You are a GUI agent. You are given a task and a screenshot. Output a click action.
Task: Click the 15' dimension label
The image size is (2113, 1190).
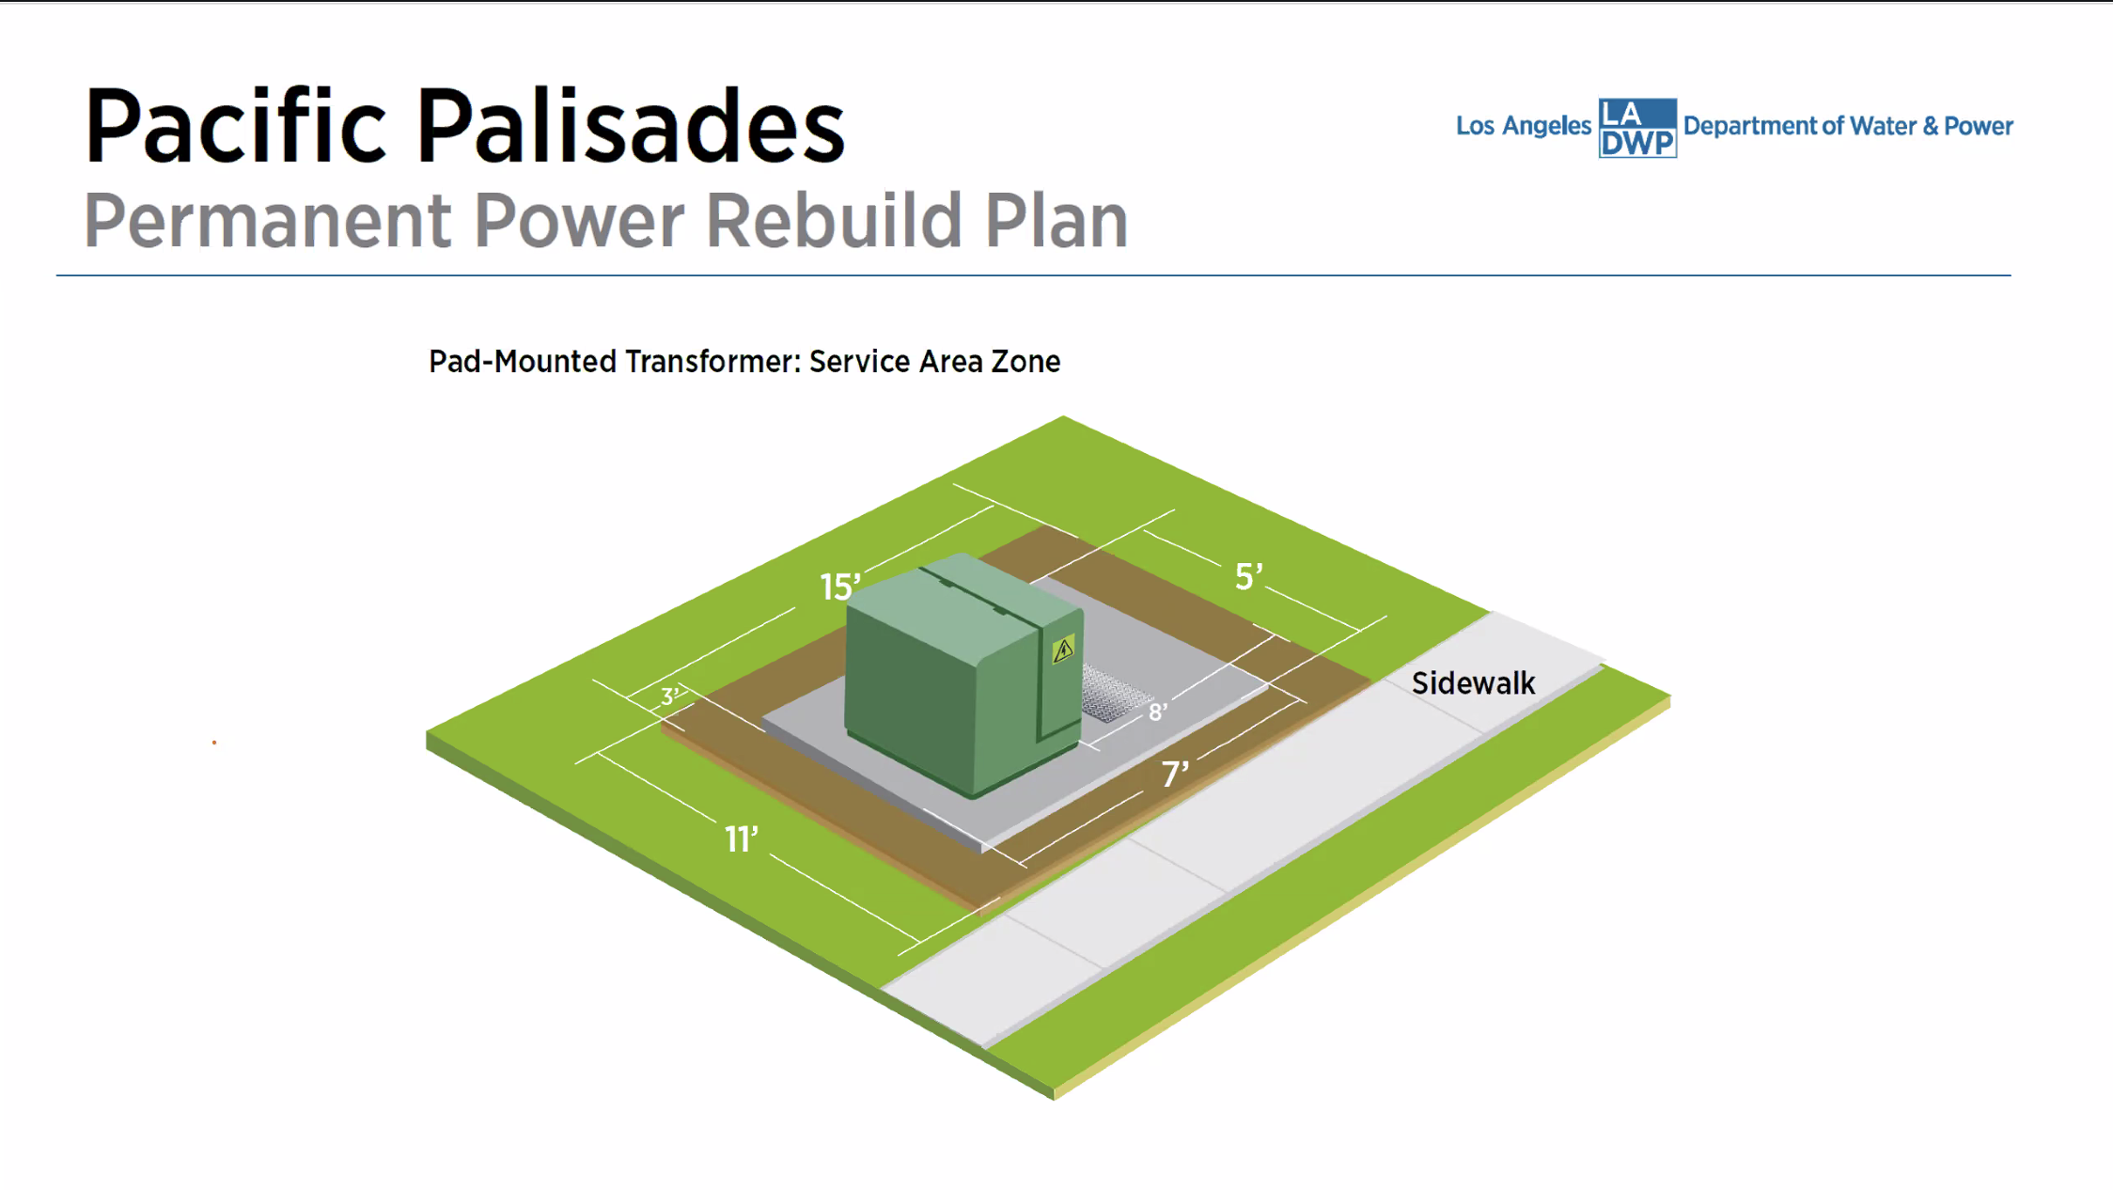(x=839, y=587)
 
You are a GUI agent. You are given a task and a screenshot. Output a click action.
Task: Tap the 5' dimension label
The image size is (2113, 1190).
(x=1248, y=576)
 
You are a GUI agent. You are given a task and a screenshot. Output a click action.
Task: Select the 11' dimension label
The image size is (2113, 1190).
(x=741, y=838)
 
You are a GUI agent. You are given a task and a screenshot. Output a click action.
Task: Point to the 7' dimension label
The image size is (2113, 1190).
(x=1175, y=774)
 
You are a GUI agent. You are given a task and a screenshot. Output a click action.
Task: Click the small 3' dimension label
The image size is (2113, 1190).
(x=670, y=697)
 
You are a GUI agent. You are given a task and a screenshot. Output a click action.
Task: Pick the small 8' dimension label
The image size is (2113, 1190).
(x=1157, y=712)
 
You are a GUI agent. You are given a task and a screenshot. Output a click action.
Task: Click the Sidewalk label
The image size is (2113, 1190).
(x=1473, y=683)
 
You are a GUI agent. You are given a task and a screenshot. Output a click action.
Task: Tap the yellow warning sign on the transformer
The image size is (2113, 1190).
(x=1063, y=650)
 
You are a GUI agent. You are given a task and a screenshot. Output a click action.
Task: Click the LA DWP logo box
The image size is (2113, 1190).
(x=1637, y=128)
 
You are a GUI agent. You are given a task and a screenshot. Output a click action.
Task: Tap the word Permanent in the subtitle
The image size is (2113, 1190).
(x=268, y=221)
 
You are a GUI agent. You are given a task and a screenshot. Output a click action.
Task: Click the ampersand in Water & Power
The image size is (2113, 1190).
(x=1930, y=126)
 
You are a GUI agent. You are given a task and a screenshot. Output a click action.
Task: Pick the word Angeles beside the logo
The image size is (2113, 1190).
(x=1546, y=126)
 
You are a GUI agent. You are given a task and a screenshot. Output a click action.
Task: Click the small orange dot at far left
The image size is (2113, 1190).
(x=214, y=743)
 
